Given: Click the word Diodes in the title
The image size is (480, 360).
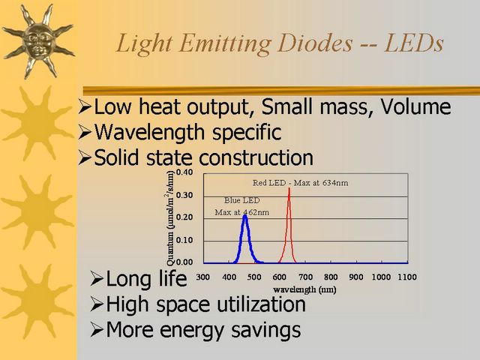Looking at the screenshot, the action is [x=315, y=43].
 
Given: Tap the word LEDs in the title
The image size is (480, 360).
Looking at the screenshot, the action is [x=414, y=43].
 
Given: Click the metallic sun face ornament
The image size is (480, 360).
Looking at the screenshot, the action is [x=38, y=40].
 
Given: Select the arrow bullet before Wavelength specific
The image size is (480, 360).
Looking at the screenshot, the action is [x=85, y=132].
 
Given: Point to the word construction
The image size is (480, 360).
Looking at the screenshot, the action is [x=256, y=157].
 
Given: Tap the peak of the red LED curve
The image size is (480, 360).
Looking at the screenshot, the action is [x=289, y=188].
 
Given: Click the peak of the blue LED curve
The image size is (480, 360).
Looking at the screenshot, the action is [x=245, y=216].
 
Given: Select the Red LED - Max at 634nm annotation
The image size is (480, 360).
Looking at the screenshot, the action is [x=300, y=183].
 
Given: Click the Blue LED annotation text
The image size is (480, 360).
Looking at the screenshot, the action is [x=241, y=200].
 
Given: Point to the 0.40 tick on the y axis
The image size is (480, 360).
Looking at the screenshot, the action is [x=184, y=172].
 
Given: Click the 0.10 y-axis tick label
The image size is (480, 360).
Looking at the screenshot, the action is [x=184, y=240].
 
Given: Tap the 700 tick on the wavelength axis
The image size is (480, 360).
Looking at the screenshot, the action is [x=305, y=277].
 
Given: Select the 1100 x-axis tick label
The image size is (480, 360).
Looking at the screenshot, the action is [x=407, y=277].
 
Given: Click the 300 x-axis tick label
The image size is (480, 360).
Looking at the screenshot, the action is [x=203, y=277].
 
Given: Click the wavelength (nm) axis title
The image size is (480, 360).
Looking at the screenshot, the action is [x=304, y=289].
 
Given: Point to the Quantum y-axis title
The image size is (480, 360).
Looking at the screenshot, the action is [x=170, y=218].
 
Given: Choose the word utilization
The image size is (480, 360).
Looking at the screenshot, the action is [x=261, y=304].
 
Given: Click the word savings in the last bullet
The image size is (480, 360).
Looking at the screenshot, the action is [x=265, y=331].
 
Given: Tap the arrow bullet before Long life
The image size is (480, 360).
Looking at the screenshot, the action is [x=97, y=279].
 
